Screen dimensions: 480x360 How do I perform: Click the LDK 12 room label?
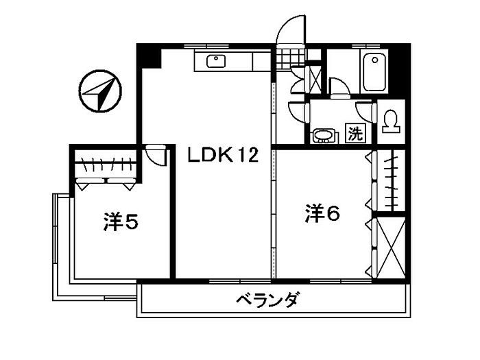coord(223,154)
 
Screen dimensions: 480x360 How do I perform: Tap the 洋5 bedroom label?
coord(121,221)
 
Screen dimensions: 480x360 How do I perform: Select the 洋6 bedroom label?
coord(322,213)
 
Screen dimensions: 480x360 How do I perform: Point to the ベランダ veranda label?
coord(267,300)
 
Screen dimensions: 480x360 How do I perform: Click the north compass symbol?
coord(100,91)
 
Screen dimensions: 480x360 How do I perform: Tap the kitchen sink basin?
coord(216,61)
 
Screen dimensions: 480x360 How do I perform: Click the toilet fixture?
coord(391,121)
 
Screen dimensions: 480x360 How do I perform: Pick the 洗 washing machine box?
coord(356,133)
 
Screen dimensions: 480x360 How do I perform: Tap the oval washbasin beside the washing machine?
coord(324,136)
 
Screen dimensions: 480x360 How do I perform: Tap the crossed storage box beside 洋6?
coord(391,248)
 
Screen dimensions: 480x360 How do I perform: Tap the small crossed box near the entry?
coord(315,79)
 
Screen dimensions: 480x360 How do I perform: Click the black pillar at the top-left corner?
coord(149,56)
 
